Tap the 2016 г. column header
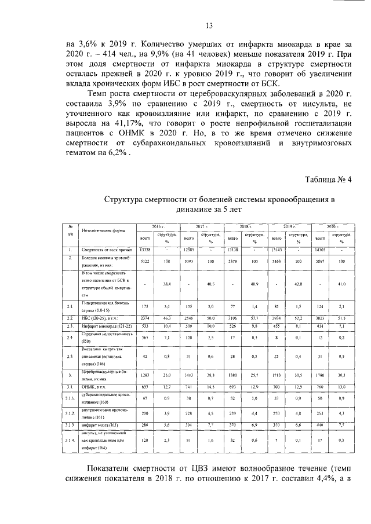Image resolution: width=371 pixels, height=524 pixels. (x=158, y=226)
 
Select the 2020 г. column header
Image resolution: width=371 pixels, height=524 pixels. (x=332, y=226)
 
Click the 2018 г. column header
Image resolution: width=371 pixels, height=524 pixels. (x=245, y=226)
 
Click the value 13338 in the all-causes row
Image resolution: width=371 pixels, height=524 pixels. (x=145, y=250)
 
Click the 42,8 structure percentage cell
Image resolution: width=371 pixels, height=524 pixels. (x=299, y=284)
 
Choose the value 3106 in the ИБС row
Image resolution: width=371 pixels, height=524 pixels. (x=232, y=318)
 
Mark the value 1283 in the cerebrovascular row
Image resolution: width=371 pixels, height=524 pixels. (x=145, y=375)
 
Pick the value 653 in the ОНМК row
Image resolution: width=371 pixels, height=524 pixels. (x=145, y=386)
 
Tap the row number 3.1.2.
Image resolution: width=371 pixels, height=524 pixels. (x=70, y=413)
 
